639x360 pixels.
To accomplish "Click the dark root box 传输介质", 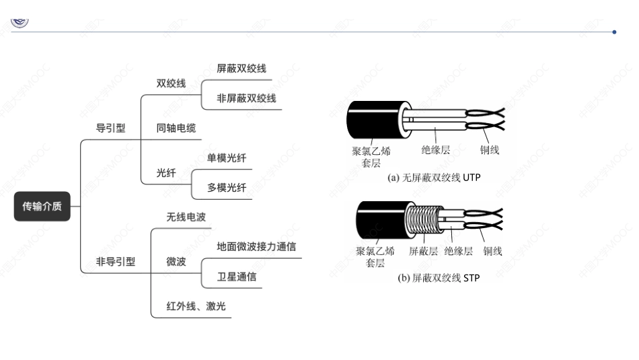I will coord(42,206).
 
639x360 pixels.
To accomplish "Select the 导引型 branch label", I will coord(110,128).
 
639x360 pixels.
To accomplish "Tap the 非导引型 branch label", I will coord(115,261).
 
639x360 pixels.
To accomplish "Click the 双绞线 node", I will coord(171,83).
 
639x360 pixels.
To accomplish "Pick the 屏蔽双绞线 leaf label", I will coord(241,69).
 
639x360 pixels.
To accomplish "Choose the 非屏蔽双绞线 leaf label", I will coord(246,98).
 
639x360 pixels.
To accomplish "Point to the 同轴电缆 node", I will coord(176,128).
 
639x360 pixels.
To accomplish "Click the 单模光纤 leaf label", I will coord(227,158).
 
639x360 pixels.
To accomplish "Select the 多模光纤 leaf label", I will coord(227,188).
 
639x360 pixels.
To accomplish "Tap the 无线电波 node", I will coord(186,217).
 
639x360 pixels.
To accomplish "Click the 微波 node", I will coord(176,261).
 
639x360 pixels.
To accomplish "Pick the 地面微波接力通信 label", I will coord(256,246).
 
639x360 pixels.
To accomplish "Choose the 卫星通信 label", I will coord(236,277).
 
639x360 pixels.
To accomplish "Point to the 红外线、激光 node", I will coord(196,306).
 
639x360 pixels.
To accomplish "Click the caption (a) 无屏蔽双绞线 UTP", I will coord(434,178).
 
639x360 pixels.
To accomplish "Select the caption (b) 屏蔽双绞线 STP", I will coord(438,277).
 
